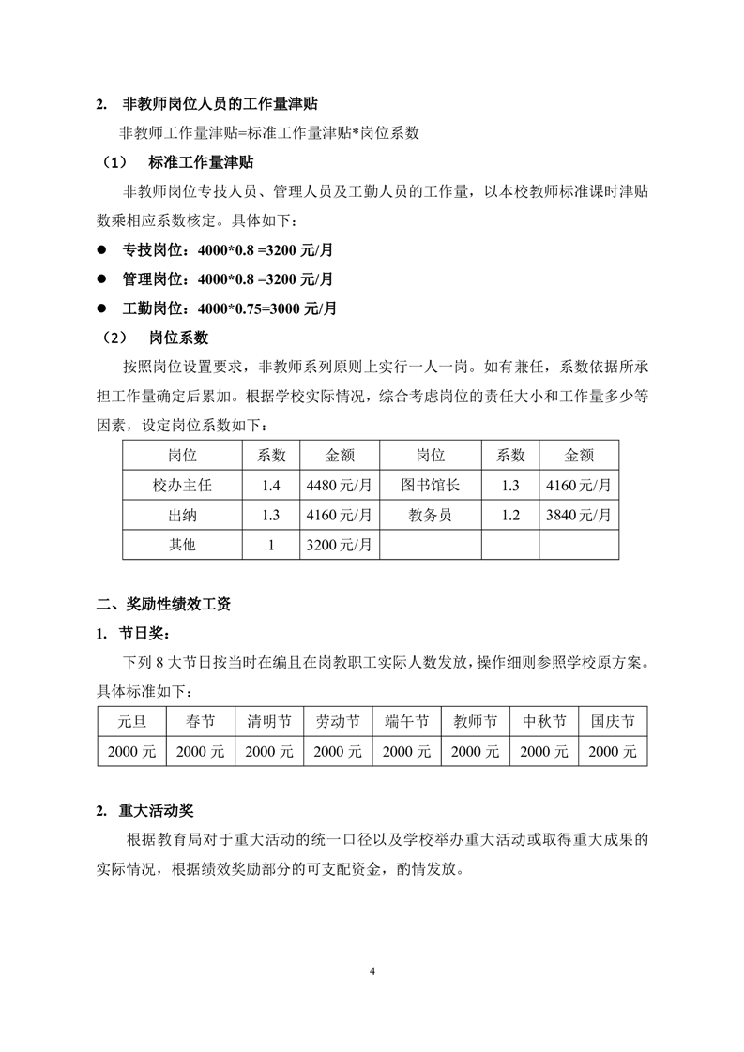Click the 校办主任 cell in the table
(x=182, y=485)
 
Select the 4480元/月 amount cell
(x=339, y=485)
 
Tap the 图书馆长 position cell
(x=431, y=485)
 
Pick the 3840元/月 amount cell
(x=579, y=514)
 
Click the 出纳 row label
(x=182, y=514)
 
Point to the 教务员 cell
(x=431, y=514)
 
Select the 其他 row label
(x=182, y=543)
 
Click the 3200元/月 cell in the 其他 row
(x=339, y=543)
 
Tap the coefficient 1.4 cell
(x=272, y=485)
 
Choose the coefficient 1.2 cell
(x=510, y=514)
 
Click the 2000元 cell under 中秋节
(x=544, y=751)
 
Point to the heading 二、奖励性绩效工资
(x=164, y=605)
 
